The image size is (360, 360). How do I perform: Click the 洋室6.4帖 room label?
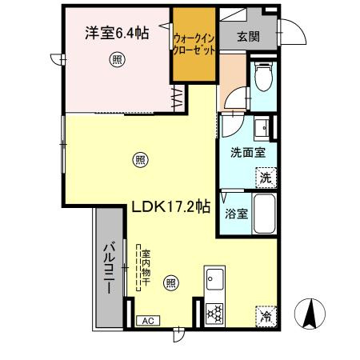coord(117,34)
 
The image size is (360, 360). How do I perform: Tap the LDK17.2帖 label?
coord(171,206)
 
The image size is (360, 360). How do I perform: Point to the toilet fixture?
coord(262,80)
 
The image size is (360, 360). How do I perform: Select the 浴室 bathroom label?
coord(235,214)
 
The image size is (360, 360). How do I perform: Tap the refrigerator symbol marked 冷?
coord(266,315)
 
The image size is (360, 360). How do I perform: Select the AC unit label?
coord(147,321)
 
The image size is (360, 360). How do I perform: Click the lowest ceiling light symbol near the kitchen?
coord(170,282)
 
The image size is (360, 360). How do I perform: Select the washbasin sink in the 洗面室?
coord(260,128)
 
